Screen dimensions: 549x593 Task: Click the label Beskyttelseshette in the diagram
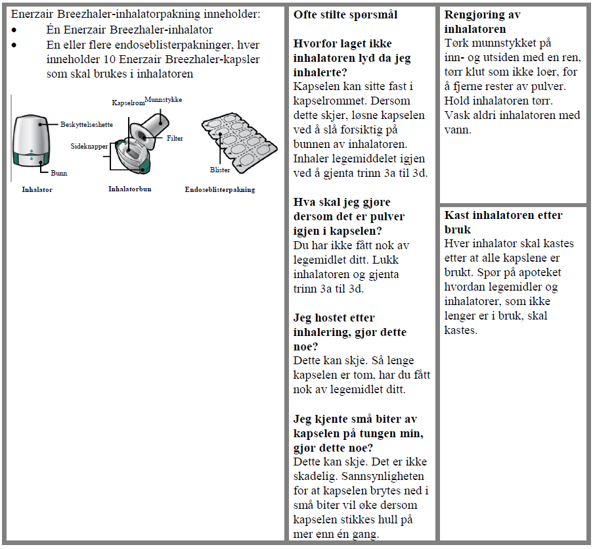[x=86, y=124]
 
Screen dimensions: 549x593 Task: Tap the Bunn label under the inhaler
[x=58, y=174]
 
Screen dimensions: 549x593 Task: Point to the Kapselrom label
[x=127, y=104]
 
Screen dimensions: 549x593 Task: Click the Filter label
[x=175, y=139]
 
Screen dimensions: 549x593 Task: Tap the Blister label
[x=220, y=170]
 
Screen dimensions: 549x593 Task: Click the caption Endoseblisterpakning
[x=220, y=190]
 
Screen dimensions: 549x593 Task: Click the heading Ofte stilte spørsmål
[x=345, y=15]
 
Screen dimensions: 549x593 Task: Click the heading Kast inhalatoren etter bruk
[x=503, y=222]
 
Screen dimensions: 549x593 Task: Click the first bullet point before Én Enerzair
[x=14, y=30]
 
